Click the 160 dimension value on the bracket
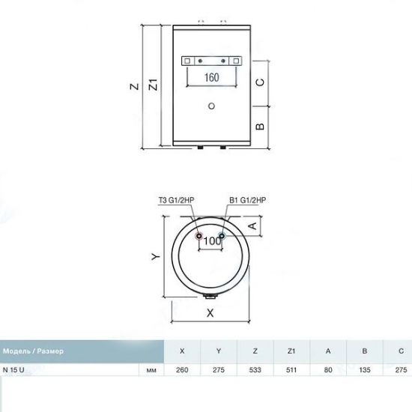[211, 77]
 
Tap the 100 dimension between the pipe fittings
[212, 240]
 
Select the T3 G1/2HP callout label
[176, 200]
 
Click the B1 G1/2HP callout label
[247, 200]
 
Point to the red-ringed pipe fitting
[199, 236]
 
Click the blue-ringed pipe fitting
[222, 236]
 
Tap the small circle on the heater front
[211, 106]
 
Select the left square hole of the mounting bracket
[187, 61]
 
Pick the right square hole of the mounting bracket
[236, 61]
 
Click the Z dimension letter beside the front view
[135, 86]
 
